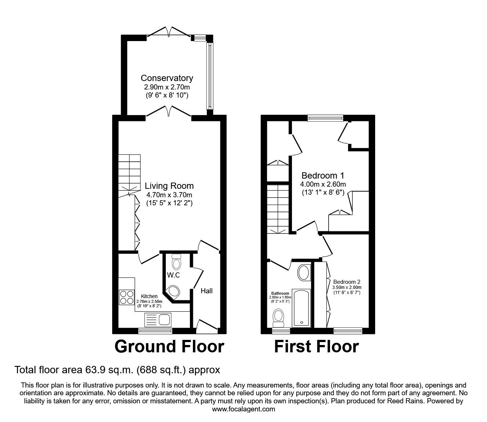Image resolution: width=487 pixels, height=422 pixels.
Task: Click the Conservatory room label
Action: (167, 78)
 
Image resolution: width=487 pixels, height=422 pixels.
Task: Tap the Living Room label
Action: (169, 186)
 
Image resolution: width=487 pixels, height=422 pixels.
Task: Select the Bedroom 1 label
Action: (323, 175)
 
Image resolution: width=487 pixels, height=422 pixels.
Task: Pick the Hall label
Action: (206, 291)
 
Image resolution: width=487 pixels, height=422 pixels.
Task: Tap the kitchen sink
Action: (158, 319)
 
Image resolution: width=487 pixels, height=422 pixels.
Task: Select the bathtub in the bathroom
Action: (301, 308)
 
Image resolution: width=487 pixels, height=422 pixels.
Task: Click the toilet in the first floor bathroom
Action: (279, 318)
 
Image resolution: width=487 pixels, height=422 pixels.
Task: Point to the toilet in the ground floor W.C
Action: (177, 262)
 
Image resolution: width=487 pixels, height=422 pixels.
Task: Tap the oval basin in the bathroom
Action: (303, 273)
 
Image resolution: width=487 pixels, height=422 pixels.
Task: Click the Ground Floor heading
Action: (169, 346)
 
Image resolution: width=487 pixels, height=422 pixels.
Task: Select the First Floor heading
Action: (316, 346)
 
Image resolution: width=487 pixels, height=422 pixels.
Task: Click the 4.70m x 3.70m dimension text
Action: (169, 195)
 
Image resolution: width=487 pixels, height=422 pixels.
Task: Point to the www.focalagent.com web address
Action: (243, 409)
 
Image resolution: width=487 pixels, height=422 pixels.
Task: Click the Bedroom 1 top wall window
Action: (325, 118)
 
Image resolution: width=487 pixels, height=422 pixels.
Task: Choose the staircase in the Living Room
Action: (129, 172)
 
